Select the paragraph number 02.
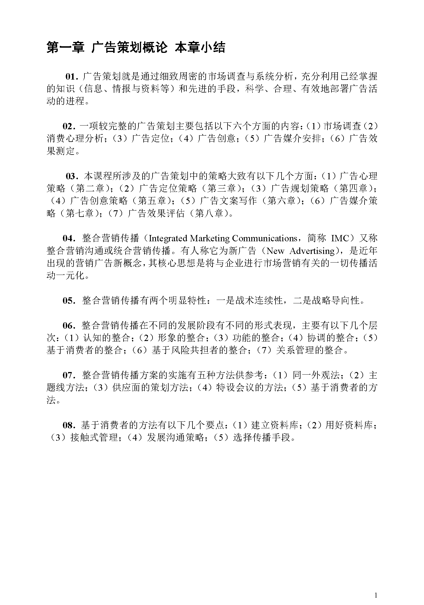pyautogui.click(x=68, y=126)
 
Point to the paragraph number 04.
pyautogui.click(x=68, y=238)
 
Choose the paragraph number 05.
pyautogui.click(x=68, y=300)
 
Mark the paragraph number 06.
pyautogui.click(x=68, y=325)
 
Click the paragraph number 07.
pyautogui.click(x=68, y=375)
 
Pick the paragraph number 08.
pyautogui.click(x=68, y=425)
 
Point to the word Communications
pyautogui.click(x=264, y=238)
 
